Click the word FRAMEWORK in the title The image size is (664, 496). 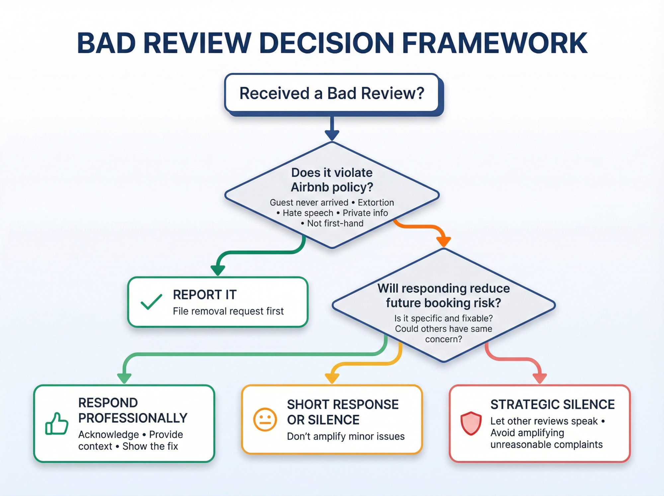(495, 43)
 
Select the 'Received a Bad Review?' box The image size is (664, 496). (332, 93)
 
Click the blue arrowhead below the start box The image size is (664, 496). (332, 135)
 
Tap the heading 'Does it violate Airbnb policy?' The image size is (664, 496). (332, 180)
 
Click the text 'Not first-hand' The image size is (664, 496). (335, 223)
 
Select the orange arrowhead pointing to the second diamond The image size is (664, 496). (444, 242)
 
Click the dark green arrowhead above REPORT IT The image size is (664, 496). (218, 270)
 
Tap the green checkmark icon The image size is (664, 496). (151, 302)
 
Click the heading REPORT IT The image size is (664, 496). (205, 295)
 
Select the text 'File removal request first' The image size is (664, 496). (228, 311)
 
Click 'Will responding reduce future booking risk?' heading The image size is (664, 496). (444, 296)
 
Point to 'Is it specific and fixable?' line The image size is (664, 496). (444, 318)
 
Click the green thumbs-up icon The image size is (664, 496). (57, 424)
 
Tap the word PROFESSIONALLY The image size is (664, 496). (133, 418)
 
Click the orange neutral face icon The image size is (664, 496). (265, 419)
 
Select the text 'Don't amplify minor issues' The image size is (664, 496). (346, 436)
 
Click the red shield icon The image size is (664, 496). (471, 423)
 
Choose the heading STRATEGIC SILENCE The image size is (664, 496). (552, 404)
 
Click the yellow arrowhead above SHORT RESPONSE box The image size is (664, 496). (332, 378)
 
